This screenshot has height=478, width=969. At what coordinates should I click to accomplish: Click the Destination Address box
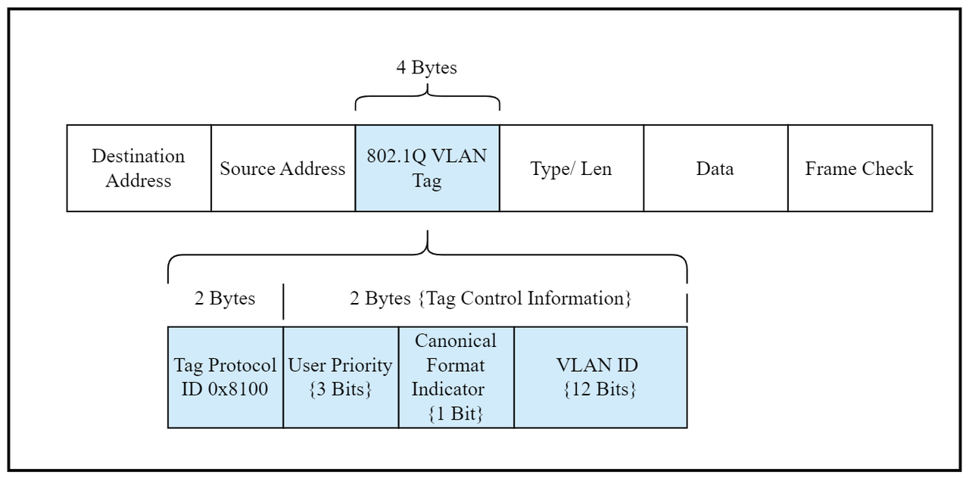(x=139, y=168)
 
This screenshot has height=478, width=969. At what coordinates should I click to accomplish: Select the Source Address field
(x=283, y=168)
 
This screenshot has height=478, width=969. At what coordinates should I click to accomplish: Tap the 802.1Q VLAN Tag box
(x=428, y=168)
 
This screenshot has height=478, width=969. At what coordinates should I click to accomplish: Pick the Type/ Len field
(x=572, y=168)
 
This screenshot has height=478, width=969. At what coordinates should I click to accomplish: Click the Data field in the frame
(x=716, y=168)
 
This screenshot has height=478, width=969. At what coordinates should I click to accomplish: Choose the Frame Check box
(x=860, y=168)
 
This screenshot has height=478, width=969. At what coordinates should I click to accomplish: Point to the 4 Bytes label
(x=426, y=67)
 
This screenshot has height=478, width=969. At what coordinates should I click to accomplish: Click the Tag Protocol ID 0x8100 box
(x=226, y=377)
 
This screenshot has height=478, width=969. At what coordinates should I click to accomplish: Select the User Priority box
(x=341, y=377)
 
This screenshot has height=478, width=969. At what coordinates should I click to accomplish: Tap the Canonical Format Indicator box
(x=456, y=377)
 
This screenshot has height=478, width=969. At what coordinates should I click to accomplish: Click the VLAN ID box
(x=600, y=377)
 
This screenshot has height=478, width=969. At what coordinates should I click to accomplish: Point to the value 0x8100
(x=238, y=389)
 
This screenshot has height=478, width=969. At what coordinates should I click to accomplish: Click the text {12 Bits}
(x=600, y=389)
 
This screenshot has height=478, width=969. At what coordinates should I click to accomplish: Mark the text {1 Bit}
(x=456, y=414)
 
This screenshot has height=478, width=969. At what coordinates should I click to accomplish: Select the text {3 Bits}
(x=341, y=389)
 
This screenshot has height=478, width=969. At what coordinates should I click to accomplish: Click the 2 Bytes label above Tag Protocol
(x=225, y=298)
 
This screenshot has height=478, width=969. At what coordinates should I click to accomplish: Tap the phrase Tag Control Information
(x=525, y=298)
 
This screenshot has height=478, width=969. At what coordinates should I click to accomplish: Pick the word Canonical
(x=456, y=341)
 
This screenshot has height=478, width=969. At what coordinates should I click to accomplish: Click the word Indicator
(x=447, y=389)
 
